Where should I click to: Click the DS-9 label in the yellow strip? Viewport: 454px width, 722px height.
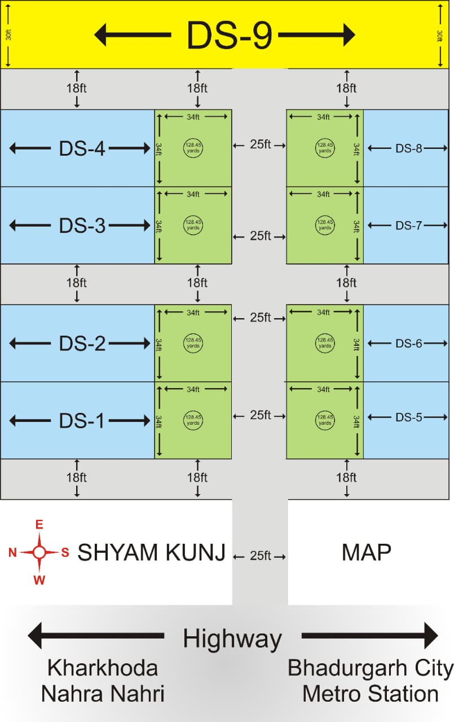pyautogui.click(x=230, y=35)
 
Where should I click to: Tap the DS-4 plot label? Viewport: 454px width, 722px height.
pyautogui.click(x=82, y=149)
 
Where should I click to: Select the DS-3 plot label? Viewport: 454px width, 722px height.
pyautogui.click(x=82, y=226)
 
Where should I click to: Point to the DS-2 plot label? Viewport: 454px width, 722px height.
pyautogui.click(x=82, y=344)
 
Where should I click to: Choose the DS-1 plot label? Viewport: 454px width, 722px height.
pyautogui.click(x=82, y=421)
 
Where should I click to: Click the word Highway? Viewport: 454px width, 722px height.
pyautogui.click(x=232, y=639)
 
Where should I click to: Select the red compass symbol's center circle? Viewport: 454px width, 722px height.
pyautogui.click(x=39, y=552)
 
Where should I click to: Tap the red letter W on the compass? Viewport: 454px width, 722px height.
pyautogui.click(x=39, y=579)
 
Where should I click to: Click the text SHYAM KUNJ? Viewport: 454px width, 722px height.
pyautogui.click(x=151, y=553)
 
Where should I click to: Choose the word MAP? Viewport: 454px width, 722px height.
pyautogui.click(x=366, y=553)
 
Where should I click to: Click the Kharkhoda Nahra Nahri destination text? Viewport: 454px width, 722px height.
pyautogui.click(x=102, y=681)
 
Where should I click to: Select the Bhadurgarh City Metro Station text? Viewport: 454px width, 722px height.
pyautogui.click(x=371, y=681)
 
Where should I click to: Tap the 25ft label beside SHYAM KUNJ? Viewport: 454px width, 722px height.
pyautogui.click(x=260, y=556)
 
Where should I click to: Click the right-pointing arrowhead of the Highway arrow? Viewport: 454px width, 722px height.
pyautogui.click(x=431, y=636)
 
